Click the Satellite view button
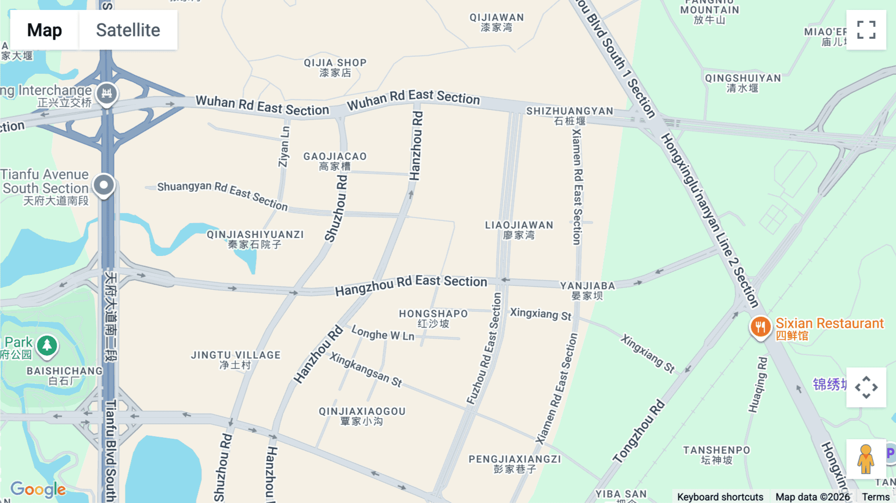[x=128, y=30]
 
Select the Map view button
[x=44, y=30]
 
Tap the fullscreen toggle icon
[x=866, y=30]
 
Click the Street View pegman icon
[x=866, y=459]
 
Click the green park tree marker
[x=47, y=345]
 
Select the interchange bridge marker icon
[x=107, y=93]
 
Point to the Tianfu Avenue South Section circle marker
[x=104, y=185]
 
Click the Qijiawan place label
[x=496, y=22]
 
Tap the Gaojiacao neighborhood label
[x=335, y=161]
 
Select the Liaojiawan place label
[x=519, y=230]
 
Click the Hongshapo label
[x=433, y=318]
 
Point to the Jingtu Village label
[x=235, y=360]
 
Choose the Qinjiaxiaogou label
[x=362, y=416]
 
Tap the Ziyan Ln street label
[x=284, y=147]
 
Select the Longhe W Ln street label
[x=383, y=333]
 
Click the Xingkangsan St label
[x=365, y=370]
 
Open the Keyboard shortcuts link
[x=720, y=497]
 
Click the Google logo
[x=38, y=489]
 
